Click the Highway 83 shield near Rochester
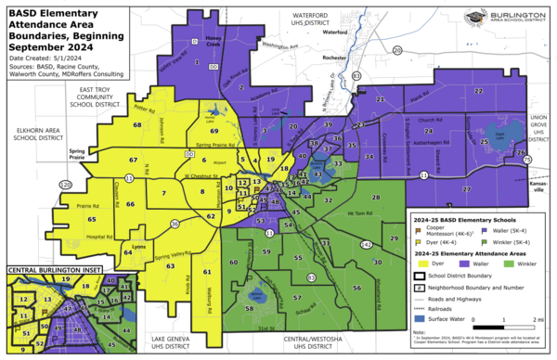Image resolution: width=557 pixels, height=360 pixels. pyautogui.click(x=356, y=76)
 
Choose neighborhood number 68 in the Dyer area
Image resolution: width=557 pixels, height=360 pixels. pyautogui.click(x=136, y=124)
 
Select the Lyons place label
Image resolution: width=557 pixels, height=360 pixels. pyautogui.click(x=142, y=249)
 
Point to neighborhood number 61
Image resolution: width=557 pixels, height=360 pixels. pyautogui.click(x=207, y=272)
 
